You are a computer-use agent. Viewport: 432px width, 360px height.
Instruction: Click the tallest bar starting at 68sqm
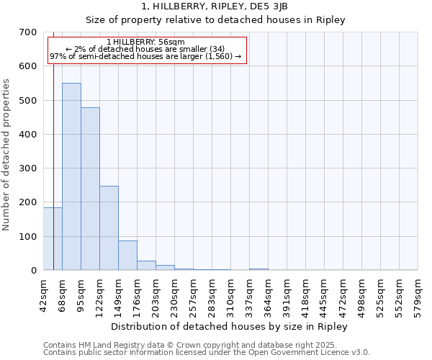click(71, 176)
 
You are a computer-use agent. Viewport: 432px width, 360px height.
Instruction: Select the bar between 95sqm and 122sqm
click(90, 189)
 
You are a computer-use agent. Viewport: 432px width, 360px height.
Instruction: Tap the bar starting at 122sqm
click(109, 228)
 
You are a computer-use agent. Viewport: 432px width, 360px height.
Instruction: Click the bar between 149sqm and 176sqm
click(127, 255)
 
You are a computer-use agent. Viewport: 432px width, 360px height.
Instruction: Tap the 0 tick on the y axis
click(33, 271)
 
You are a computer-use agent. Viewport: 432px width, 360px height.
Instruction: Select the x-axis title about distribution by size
click(230, 326)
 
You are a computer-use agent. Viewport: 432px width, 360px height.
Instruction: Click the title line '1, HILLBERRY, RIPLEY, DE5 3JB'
click(216, 6)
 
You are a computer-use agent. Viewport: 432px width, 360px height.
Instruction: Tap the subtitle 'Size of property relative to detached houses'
click(216, 20)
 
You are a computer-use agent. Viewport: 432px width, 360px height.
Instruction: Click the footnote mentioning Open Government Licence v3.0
click(207, 353)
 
